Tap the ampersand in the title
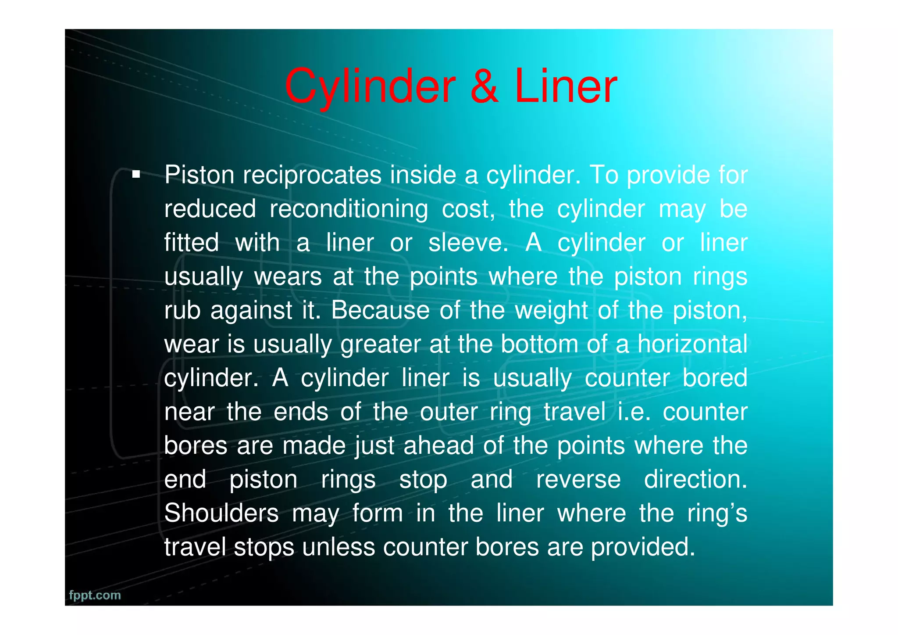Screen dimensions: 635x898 [484, 87]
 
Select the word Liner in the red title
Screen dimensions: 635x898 [566, 87]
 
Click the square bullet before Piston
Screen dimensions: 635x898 [136, 175]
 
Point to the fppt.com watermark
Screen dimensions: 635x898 [95, 595]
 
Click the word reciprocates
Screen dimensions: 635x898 [312, 175]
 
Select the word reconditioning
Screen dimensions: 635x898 [349, 209]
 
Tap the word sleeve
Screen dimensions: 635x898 [468, 243]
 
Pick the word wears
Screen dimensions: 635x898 [288, 276]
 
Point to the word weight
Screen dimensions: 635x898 [551, 310]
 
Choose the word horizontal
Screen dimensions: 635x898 [692, 344]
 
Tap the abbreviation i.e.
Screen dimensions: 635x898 [634, 412]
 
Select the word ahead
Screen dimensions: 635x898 [438, 445]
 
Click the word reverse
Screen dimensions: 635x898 [578, 479]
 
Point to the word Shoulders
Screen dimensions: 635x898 [221, 513]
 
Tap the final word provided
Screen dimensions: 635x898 [643, 547]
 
